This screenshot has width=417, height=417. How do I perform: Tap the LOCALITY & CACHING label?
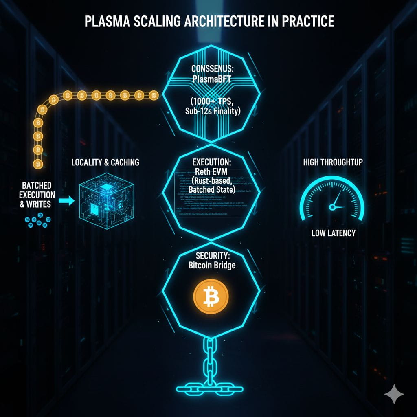click(x=105, y=162)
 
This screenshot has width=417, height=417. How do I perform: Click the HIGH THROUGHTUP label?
click(x=333, y=162)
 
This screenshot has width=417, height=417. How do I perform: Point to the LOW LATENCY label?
click(x=333, y=233)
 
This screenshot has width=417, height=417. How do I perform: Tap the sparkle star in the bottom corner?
click(x=394, y=394)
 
